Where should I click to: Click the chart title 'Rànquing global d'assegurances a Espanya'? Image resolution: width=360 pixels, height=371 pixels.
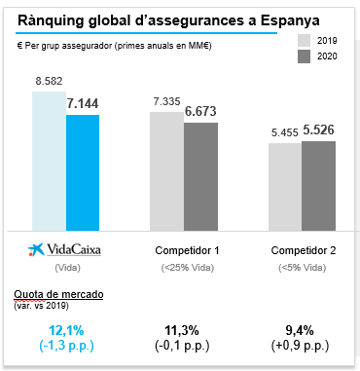point(167,19)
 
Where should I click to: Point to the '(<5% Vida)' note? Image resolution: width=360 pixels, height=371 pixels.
point(305,267)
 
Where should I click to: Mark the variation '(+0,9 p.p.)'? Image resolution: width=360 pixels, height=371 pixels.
point(305,346)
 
